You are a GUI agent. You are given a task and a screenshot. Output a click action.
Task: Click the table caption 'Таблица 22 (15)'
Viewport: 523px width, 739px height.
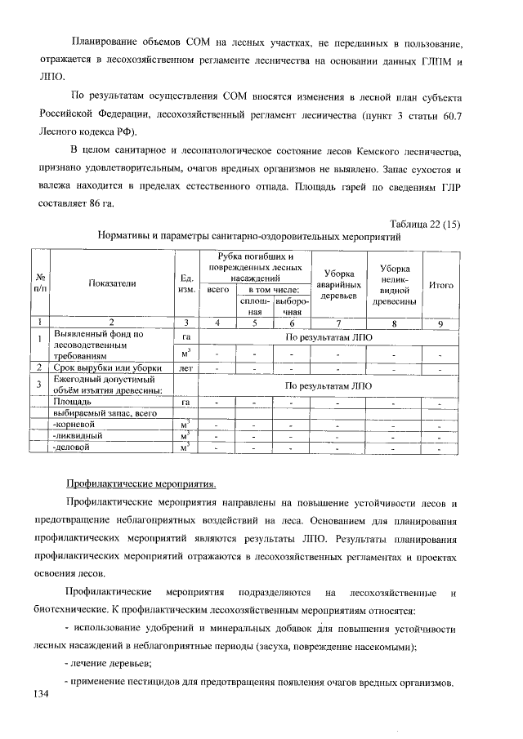[x=423, y=226]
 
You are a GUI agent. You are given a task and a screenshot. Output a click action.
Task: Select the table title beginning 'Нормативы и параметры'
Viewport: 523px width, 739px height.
[x=248, y=238]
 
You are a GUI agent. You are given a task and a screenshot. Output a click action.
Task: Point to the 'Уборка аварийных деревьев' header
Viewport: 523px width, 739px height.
[x=338, y=283]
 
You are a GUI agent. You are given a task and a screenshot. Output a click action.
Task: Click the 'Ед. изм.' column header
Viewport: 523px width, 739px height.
[x=186, y=283]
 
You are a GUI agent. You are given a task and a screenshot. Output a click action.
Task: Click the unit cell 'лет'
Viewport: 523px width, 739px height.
[x=186, y=368]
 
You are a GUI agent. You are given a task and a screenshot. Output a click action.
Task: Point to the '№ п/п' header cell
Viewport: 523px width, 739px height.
[x=39, y=283]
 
